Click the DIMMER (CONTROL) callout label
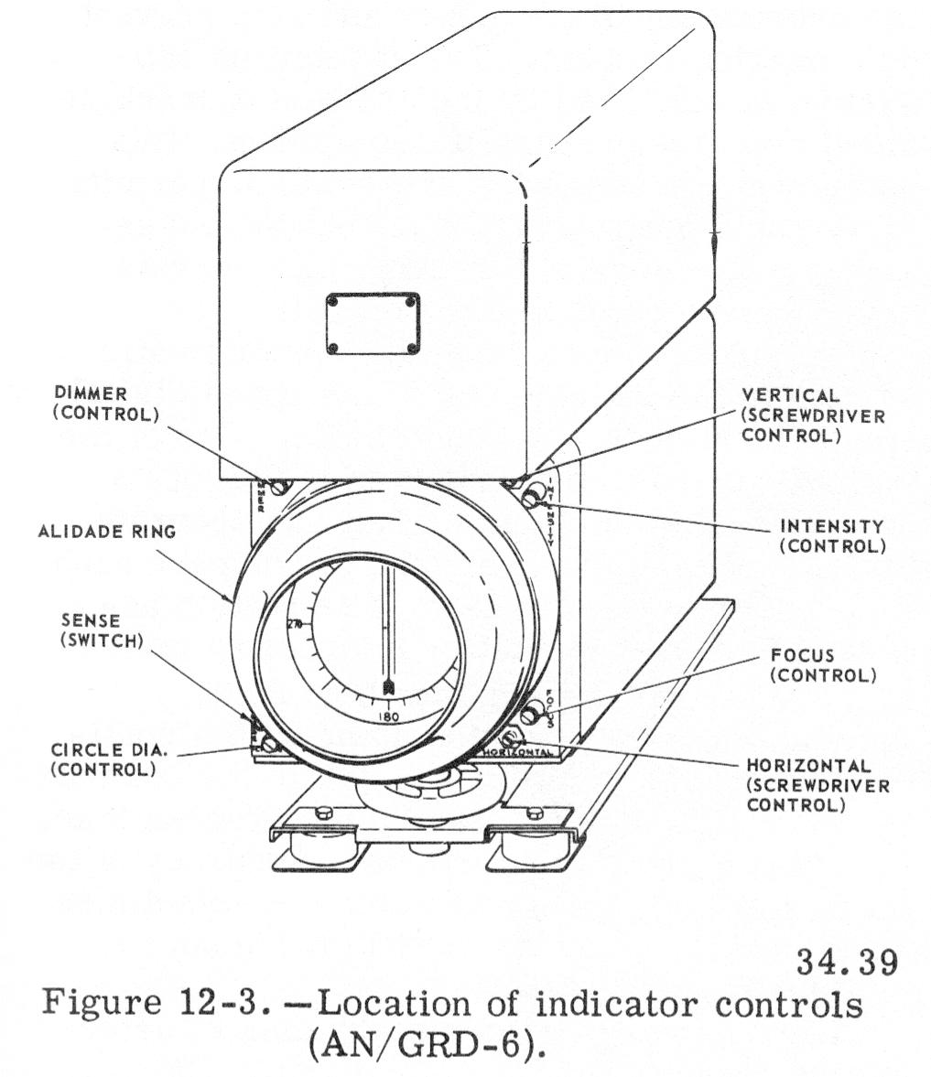point(106,403)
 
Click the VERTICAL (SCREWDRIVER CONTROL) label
point(813,415)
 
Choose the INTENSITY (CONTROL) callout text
point(831,536)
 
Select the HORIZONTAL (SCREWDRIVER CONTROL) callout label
point(817,785)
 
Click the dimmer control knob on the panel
point(281,488)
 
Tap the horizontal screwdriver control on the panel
point(509,738)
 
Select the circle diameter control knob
point(268,744)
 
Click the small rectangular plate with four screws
point(372,324)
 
